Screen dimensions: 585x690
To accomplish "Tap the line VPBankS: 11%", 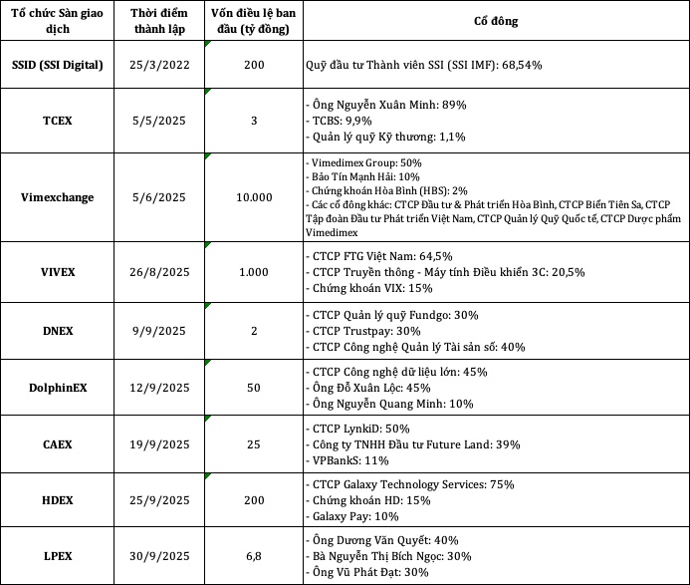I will [347, 460].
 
